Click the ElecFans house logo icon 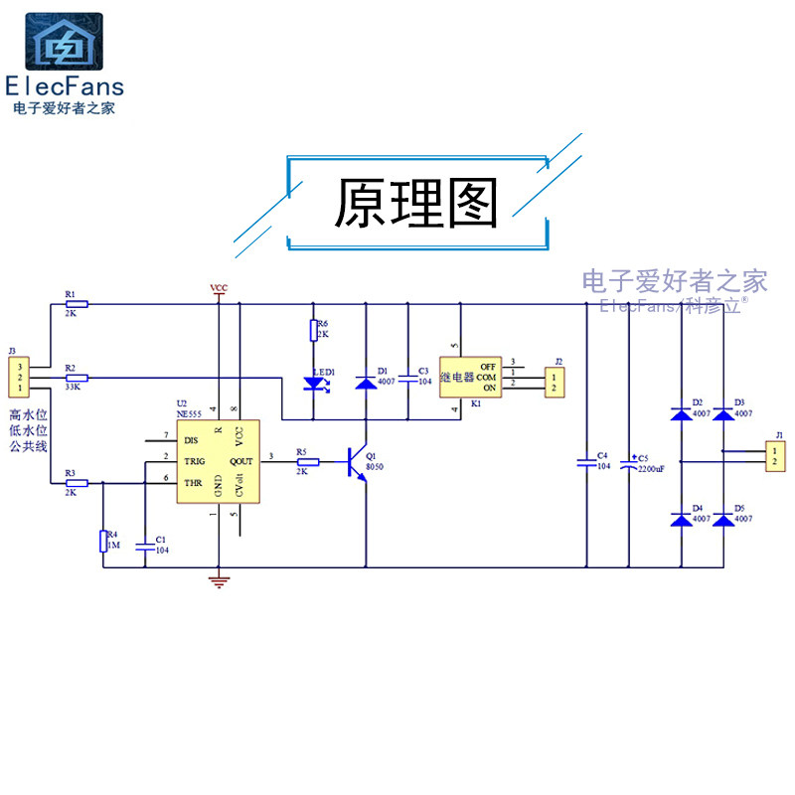[x=63, y=42]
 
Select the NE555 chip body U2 [x=218, y=461]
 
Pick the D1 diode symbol [x=367, y=382]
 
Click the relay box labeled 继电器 [x=469, y=377]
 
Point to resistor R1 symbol [x=77, y=304]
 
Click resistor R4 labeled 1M [x=102, y=541]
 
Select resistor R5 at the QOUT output [x=308, y=461]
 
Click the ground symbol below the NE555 [x=219, y=579]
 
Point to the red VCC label [x=219, y=288]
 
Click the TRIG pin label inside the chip [x=194, y=462]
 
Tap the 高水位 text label [x=29, y=414]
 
